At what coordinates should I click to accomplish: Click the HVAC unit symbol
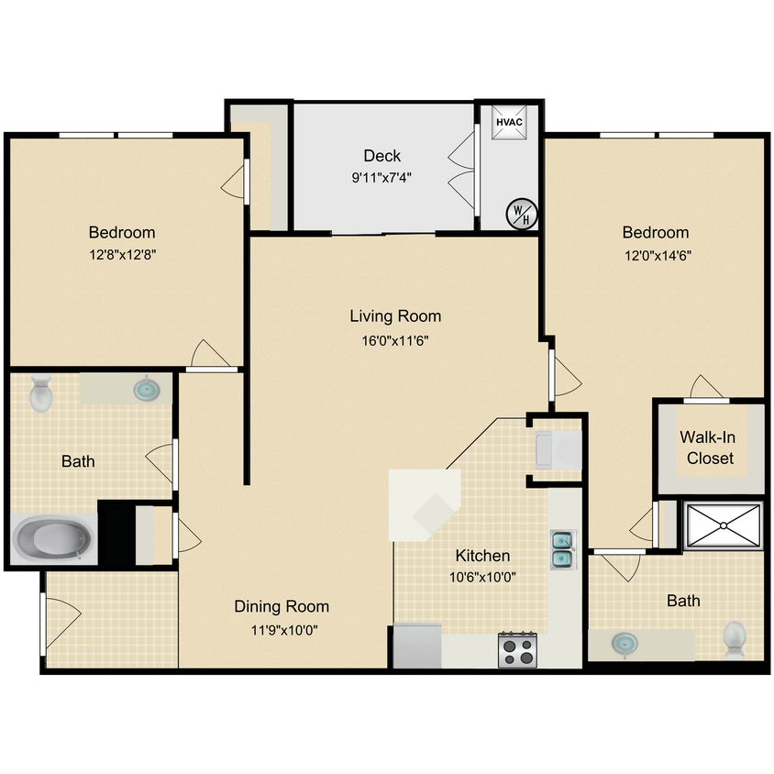pos(509,122)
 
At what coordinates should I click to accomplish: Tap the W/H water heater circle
pos(521,215)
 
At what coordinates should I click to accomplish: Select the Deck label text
pos(381,156)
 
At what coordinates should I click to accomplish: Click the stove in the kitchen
pos(517,649)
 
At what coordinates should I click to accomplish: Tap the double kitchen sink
pos(561,547)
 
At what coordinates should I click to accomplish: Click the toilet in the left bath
pos(41,393)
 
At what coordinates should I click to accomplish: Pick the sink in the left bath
pos(147,390)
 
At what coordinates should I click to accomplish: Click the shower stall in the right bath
pos(724,525)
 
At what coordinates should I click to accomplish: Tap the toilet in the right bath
pos(735,638)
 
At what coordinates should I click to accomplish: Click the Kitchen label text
pos(482,556)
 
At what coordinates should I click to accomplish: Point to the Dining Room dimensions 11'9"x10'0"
pos(281,630)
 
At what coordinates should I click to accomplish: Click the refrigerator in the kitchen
pos(417,647)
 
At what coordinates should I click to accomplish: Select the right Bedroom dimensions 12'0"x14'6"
pos(655,256)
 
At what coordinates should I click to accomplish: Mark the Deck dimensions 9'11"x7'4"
pos(381,179)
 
